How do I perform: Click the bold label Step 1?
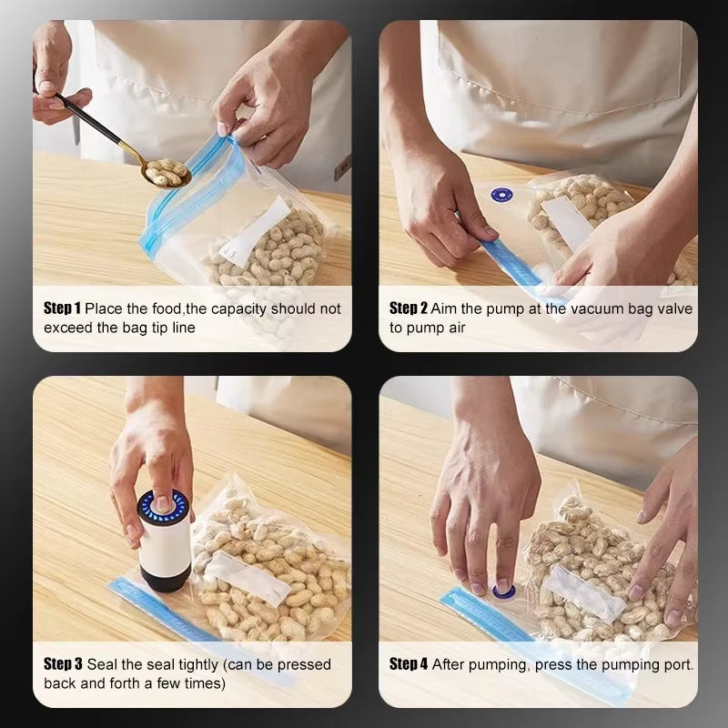[63, 308]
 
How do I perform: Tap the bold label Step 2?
[409, 308]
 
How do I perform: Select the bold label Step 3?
[63, 664]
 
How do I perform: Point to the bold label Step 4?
[409, 664]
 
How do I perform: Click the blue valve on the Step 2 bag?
[500, 196]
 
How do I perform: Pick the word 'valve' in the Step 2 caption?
[672, 308]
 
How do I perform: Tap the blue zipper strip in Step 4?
[482, 619]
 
